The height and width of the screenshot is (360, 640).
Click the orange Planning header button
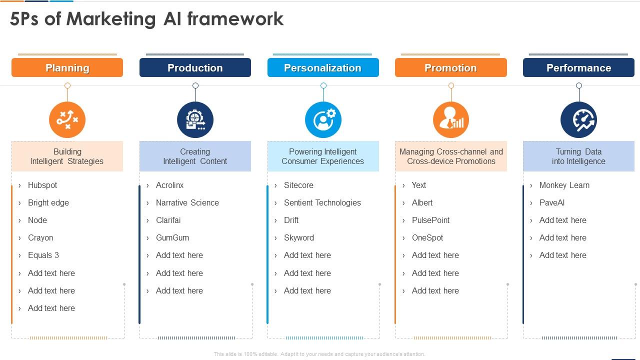(x=67, y=67)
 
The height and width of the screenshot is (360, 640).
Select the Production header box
(x=195, y=67)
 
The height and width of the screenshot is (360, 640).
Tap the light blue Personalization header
(x=323, y=67)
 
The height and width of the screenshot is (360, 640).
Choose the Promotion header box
(x=450, y=67)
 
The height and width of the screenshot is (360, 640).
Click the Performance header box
(x=578, y=67)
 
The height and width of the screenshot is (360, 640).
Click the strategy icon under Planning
(x=67, y=120)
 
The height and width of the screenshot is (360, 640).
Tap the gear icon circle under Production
(x=195, y=120)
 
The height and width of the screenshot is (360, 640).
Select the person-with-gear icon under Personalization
(x=323, y=120)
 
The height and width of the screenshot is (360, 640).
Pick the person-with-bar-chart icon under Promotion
(x=450, y=120)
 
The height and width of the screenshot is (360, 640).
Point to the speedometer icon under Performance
(x=578, y=120)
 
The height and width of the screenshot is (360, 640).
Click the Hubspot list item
(x=42, y=185)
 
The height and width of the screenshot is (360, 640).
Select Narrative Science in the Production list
(x=187, y=202)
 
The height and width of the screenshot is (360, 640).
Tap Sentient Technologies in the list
(x=322, y=202)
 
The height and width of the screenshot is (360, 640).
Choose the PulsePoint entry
(x=430, y=220)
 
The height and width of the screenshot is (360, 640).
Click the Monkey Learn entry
(x=564, y=185)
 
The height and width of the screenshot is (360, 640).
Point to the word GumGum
(x=172, y=237)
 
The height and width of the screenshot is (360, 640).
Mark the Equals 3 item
(x=43, y=255)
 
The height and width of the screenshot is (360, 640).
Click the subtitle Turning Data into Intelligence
(x=578, y=156)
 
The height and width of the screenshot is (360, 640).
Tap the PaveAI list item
(x=551, y=202)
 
